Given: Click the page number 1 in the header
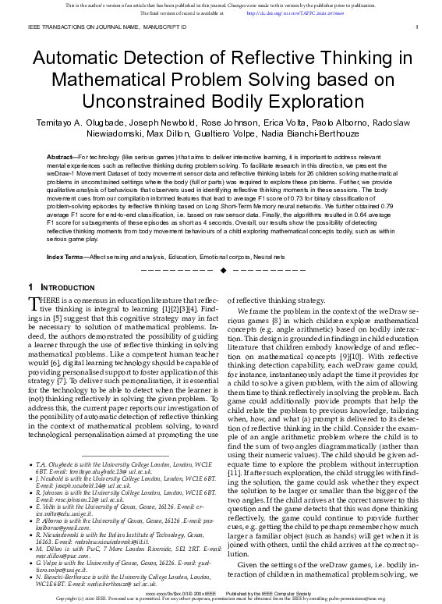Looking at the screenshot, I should tap(418, 28).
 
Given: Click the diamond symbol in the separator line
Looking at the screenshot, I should tap(224, 248).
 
